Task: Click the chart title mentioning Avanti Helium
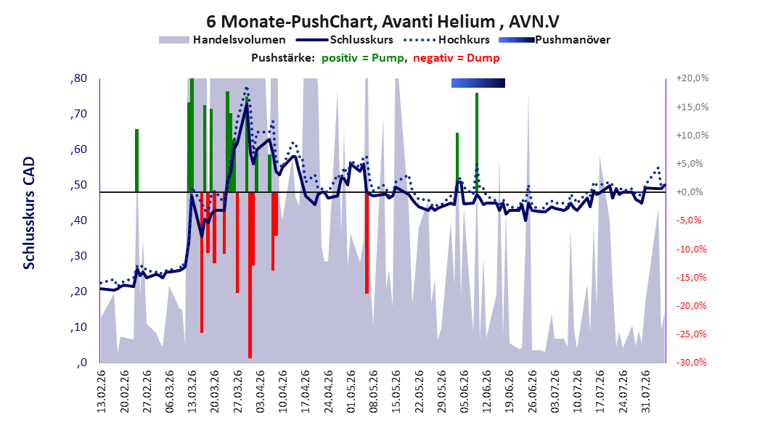click(382, 22)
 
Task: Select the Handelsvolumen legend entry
click(222, 40)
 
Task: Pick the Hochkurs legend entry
click(446, 40)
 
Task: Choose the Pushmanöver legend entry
click(555, 40)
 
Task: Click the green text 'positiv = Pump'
click(363, 58)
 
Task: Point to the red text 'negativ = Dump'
click(457, 58)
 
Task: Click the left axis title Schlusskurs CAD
click(29, 213)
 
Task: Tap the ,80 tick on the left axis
click(78, 78)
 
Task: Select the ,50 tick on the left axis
click(78, 185)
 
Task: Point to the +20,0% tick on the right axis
click(692, 78)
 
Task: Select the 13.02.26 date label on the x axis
click(102, 392)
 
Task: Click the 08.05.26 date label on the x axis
click(375, 392)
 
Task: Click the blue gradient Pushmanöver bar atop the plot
click(478, 83)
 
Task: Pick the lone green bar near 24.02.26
click(136, 160)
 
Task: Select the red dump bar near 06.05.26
click(367, 243)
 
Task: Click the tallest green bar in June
click(477, 142)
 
